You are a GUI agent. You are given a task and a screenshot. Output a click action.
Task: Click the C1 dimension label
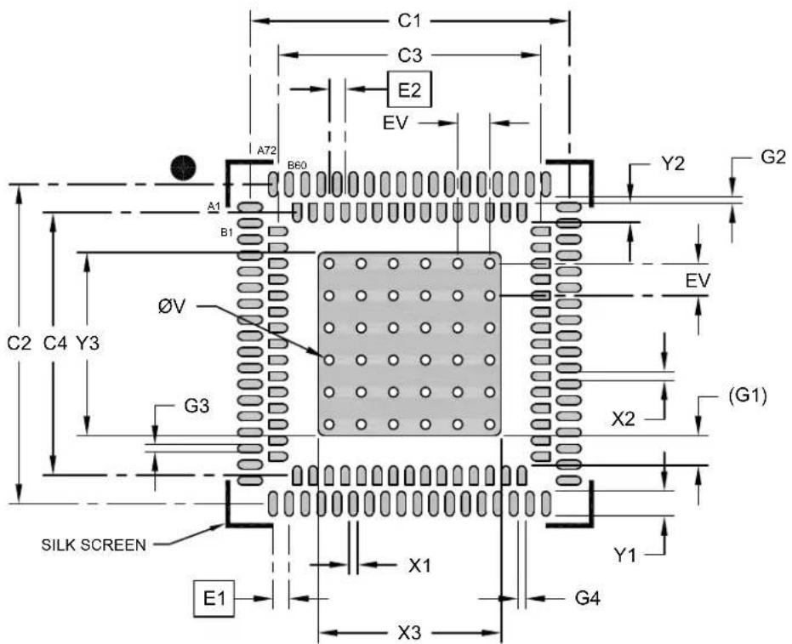(409, 21)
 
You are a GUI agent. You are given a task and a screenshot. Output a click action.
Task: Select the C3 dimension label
(409, 55)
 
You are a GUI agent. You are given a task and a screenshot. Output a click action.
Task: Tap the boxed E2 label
(410, 89)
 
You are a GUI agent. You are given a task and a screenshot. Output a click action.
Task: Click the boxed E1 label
(214, 599)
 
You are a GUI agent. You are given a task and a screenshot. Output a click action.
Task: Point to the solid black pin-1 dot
(183, 168)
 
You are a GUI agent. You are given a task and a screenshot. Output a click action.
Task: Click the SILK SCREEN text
(94, 545)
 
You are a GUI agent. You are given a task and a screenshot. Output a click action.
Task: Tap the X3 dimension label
(409, 633)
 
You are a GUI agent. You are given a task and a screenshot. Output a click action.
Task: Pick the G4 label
(588, 599)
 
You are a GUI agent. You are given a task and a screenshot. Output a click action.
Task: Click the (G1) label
(748, 396)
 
